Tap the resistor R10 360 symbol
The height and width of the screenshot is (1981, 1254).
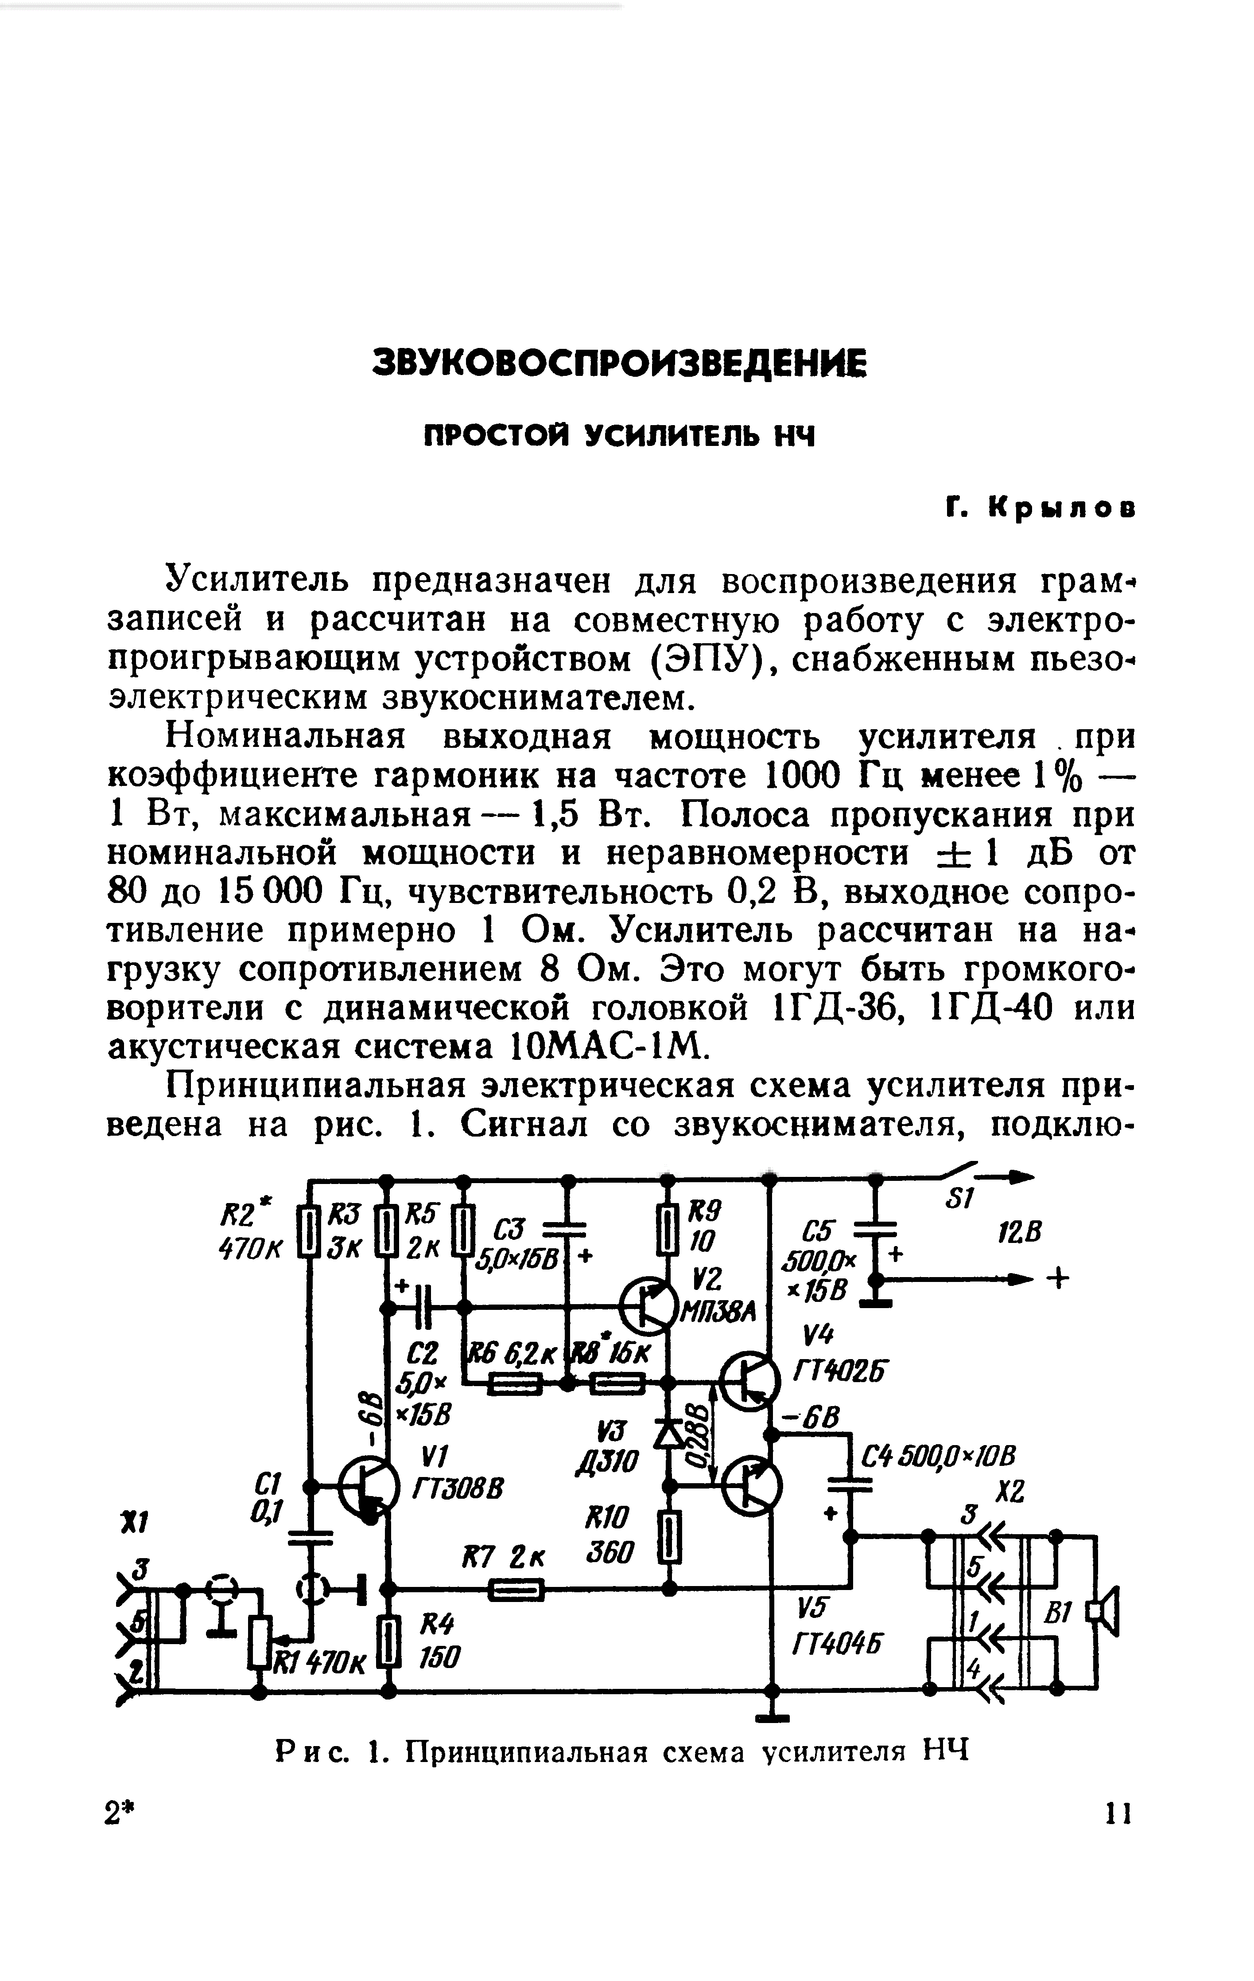670,1539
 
